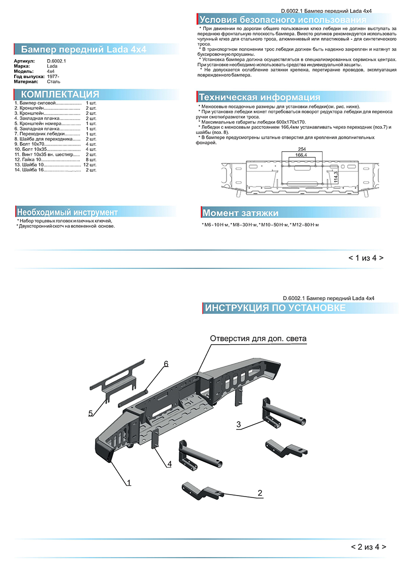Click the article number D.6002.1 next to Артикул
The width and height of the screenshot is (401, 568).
pos(56,62)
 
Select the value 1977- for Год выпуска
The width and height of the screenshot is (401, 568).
pos(53,76)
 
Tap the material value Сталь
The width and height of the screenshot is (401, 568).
pos(53,81)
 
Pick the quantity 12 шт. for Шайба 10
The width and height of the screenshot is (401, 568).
pos(89,164)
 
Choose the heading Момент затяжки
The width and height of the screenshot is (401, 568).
pos(240,213)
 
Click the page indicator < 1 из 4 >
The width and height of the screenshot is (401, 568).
pos(366,258)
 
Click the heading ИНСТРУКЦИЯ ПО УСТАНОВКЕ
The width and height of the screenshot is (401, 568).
pos(275,308)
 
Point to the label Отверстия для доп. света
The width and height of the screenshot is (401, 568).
pos(258,339)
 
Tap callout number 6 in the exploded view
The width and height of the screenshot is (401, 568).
pos(166,364)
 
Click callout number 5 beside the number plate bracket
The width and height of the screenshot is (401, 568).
pos(90,413)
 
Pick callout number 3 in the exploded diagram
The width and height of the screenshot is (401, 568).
pos(239,424)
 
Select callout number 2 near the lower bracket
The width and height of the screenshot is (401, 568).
pos(260,493)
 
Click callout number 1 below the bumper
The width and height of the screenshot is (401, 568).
pos(128,483)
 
